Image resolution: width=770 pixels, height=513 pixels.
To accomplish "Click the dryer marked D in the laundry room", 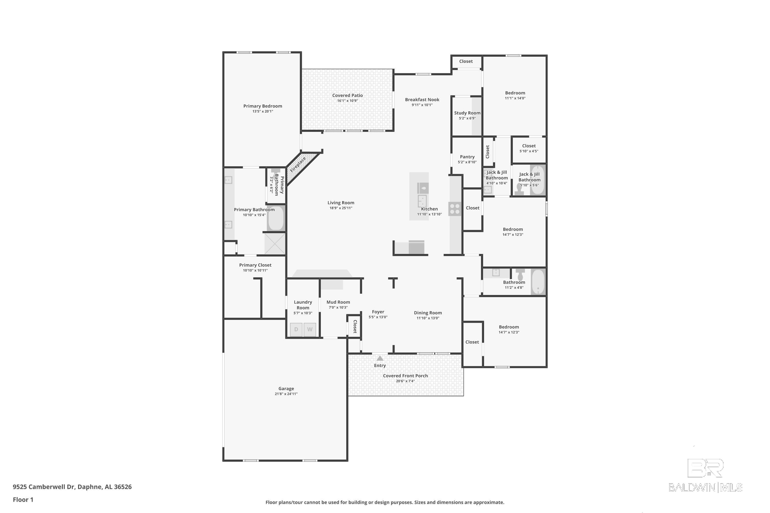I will [x=296, y=329].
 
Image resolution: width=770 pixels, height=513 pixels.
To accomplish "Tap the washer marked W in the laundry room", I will [x=310, y=329].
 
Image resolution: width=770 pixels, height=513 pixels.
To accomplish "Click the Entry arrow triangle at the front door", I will [x=380, y=358].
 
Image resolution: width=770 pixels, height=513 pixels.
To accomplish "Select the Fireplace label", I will [x=297, y=165].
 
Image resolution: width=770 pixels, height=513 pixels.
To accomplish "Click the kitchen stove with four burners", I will [x=455, y=209].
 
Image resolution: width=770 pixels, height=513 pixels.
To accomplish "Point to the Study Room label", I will [x=467, y=113].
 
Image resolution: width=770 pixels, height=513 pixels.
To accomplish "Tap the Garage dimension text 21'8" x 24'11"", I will [x=286, y=394].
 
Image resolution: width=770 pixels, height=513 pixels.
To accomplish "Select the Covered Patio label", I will [x=347, y=95].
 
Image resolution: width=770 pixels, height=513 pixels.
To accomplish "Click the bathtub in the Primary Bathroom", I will [x=276, y=219].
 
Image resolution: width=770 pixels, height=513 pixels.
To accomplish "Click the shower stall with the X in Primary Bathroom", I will [x=275, y=243].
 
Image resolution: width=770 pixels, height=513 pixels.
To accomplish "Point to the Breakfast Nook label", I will [x=422, y=100].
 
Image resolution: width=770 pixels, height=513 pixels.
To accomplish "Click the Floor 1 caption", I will [x=23, y=500].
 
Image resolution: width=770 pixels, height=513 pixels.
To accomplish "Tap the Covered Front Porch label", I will [x=405, y=376].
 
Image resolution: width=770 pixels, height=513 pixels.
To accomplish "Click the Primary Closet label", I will [x=255, y=265].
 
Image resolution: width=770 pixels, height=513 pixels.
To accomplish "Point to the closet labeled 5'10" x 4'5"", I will [x=529, y=149].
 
